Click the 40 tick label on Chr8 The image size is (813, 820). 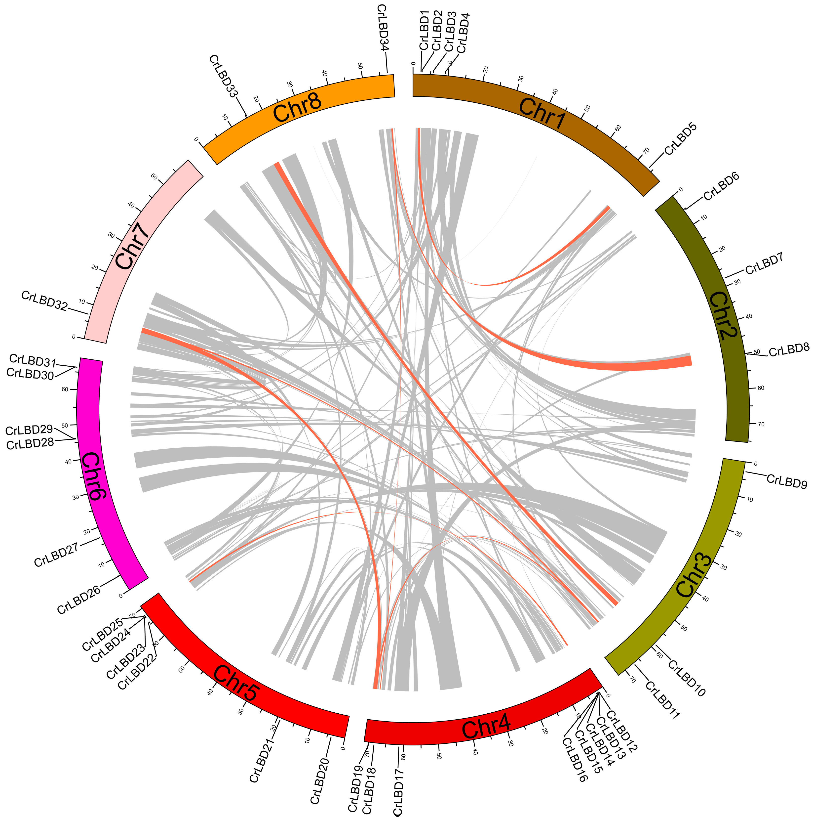[x=325, y=73]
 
